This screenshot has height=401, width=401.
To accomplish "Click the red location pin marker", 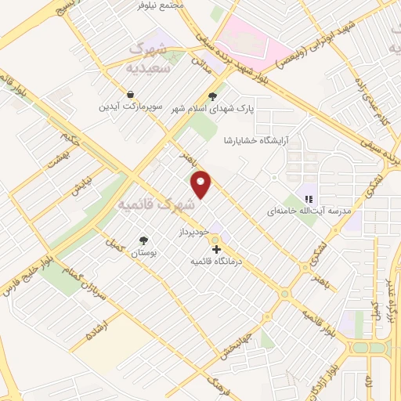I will [x=202, y=184].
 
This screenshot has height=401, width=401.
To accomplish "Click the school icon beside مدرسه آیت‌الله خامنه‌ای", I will [x=309, y=199].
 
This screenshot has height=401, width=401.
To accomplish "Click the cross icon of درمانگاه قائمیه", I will [x=217, y=250].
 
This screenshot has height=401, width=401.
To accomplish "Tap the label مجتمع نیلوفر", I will [x=161, y=5].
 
